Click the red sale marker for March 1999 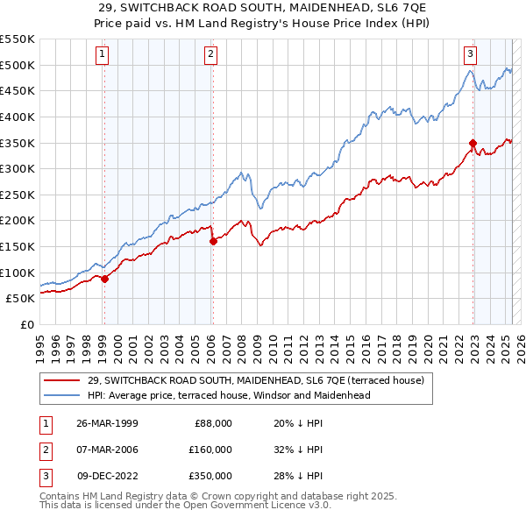click(x=104, y=279)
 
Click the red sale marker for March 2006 click(x=213, y=241)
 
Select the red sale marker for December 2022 click(x=473, y=143)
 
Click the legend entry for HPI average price click(x=229, y=395)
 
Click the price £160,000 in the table click(x=211, y=450)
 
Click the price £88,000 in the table click(x=214, y=422)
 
